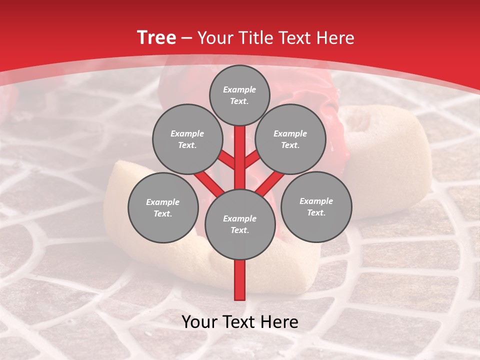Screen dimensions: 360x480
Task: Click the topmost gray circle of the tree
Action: coord(239,95)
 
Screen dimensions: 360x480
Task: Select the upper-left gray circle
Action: coord(187,139)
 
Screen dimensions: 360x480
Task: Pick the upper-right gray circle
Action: coord(290,139)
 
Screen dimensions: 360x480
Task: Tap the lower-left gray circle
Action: coord(162,207)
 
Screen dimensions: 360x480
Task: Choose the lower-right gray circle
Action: coord(316,206)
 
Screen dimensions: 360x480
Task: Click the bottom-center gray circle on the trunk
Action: coord(239,224)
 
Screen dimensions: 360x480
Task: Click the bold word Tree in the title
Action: coord(156,38)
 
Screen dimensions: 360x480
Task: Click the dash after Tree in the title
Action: coord(187,38)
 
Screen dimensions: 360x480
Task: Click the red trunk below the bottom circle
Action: coord(239,280)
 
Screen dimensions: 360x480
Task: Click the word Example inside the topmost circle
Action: coord(239,89)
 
